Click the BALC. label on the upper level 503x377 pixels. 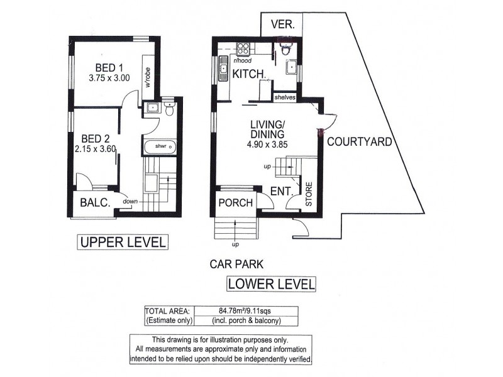[x=95, y=203]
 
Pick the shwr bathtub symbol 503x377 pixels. [x=160, y=147]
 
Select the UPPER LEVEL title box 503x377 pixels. [x=122, y=241]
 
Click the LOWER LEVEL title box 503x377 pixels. [x=271, y=284]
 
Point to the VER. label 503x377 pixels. [x=282, y=25]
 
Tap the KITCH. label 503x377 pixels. [x=249, y=75]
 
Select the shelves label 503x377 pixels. [x=285, y=97]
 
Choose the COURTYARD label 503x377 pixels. [x=359, y=142]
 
